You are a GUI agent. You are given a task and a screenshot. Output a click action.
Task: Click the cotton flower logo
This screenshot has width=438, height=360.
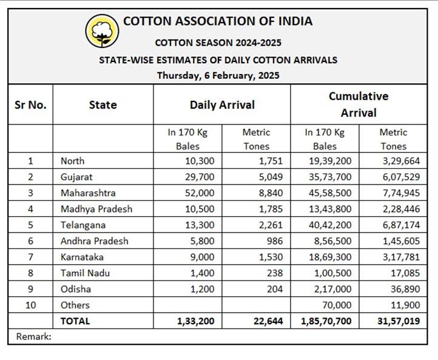click(x=102, y=31)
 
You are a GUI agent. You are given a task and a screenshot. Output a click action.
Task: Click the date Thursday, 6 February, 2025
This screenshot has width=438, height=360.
click(x=218, y=76)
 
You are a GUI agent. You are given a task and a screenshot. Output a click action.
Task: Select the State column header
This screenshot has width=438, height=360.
click(x=103, y=104)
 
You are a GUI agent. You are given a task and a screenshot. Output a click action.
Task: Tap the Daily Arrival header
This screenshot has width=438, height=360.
click(x=222, y=104)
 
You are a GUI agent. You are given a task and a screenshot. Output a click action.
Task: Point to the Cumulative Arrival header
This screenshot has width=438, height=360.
click(x=359, y=104)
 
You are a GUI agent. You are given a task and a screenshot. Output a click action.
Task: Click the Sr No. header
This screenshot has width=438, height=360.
click(x=30, y=104)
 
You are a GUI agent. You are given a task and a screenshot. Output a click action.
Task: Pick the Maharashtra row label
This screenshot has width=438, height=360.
click(x=88, y=192)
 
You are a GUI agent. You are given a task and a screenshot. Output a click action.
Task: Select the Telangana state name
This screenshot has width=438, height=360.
click(x=83, y=225)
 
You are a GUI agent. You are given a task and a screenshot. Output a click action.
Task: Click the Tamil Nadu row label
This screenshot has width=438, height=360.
click(x=84, y=273)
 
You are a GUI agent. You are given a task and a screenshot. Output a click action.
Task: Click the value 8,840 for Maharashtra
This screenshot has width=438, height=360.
click(x=271, y=192)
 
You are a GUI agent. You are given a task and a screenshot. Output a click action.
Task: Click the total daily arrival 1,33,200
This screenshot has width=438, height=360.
click(x=197, y=321)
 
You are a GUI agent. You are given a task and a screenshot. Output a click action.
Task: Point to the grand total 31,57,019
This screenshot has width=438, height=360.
click(x=398, y=321)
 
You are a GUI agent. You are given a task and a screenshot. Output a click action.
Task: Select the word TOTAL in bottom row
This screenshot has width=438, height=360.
click(x=75, y=321)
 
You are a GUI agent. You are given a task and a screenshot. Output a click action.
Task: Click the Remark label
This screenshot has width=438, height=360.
click(x=34, y=336)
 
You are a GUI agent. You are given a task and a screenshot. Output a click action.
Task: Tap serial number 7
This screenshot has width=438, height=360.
click(x=30, y=257)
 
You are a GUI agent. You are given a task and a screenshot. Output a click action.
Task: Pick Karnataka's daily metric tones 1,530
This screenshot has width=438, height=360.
click(x=271, y=257)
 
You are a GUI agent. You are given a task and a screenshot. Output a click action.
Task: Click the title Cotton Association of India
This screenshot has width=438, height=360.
click(x=218, y=21)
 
